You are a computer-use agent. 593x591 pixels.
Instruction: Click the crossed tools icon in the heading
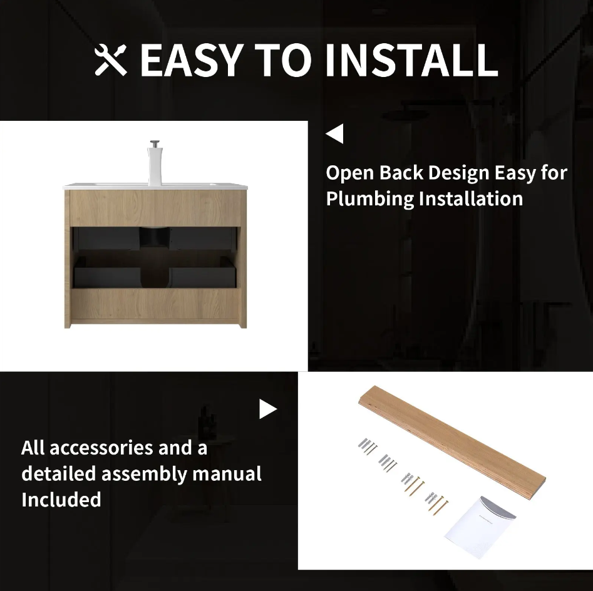tap(110, 59)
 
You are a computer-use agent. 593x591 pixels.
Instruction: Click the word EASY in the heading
tap(192, 59)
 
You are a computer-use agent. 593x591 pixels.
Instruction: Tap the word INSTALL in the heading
tap(411, 59)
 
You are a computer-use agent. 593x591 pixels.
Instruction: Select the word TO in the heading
tap(283, 59)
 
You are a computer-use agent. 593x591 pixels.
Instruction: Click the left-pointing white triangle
tap(334, 133)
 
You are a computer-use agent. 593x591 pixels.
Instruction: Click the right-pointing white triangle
tap(268, 409)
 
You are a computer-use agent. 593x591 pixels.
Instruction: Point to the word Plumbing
tap(370, 199)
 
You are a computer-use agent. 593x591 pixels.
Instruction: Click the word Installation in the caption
tap(471, 198)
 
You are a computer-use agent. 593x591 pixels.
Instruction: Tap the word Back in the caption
tap(401, 173)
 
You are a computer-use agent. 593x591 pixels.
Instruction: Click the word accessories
tap(101, 448)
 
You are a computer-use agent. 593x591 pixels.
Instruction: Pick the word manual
tap(227, 474)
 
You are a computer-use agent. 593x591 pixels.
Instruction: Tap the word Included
tap(61, 500)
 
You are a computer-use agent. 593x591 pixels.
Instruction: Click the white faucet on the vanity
tap(155, 163)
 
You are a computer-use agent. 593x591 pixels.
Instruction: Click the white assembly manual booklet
tap(480, 527)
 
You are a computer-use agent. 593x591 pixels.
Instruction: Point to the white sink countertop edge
tap(155, 187)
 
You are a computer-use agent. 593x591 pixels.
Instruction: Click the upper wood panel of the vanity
tap(155, 208)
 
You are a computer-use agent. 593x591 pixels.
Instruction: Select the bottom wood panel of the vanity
tap(155, 304)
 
